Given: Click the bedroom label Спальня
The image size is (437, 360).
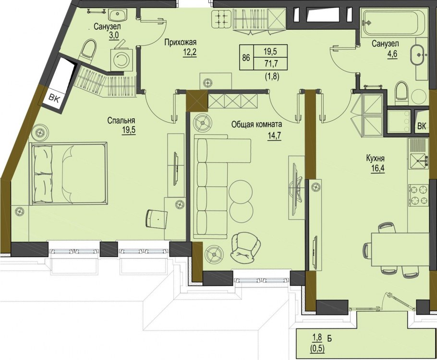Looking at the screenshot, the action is pyautogui.click(x=121, y=121).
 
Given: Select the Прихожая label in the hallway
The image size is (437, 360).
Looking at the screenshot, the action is pyautogui.click(x=180, y=42).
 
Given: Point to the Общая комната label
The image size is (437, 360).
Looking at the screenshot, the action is pyautogui.click(x=257, y=124).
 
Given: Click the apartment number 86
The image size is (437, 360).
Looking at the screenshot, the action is pyautogui.click(x=246, y=58).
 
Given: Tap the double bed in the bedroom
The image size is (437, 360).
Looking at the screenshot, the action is pyautogui.click(x=69, y=174).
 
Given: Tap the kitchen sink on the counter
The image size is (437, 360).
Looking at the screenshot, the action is pyautogui.click(x=418, y=161).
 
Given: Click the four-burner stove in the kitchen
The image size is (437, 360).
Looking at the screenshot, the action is pyautogui.click(x=419, y=195).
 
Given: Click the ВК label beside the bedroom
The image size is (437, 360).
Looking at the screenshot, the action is pyautogui.click(x=54, y=99).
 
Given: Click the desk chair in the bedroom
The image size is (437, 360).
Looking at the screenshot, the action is pyautogui.click(x=157, y=219).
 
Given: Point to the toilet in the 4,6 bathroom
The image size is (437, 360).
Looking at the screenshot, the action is pyautogui.click(x=402, y=91).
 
